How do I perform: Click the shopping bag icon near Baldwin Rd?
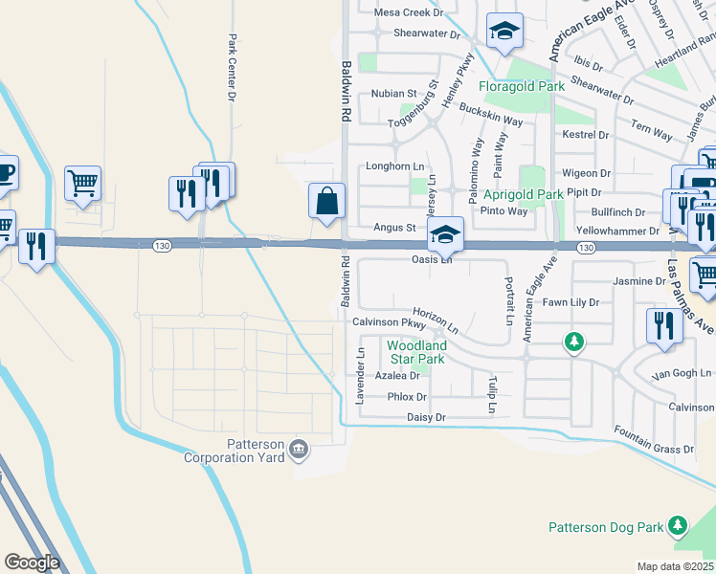326,202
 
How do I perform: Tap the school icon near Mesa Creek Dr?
504,32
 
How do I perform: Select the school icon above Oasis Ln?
445,233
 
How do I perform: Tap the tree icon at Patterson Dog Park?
678,525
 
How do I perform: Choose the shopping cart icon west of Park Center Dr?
83,182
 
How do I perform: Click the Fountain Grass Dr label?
654,442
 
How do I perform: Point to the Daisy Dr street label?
427,418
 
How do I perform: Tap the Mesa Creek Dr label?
409,12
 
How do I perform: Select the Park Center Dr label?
232,68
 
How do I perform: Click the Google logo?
32,563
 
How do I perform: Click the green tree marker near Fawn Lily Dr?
573,342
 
